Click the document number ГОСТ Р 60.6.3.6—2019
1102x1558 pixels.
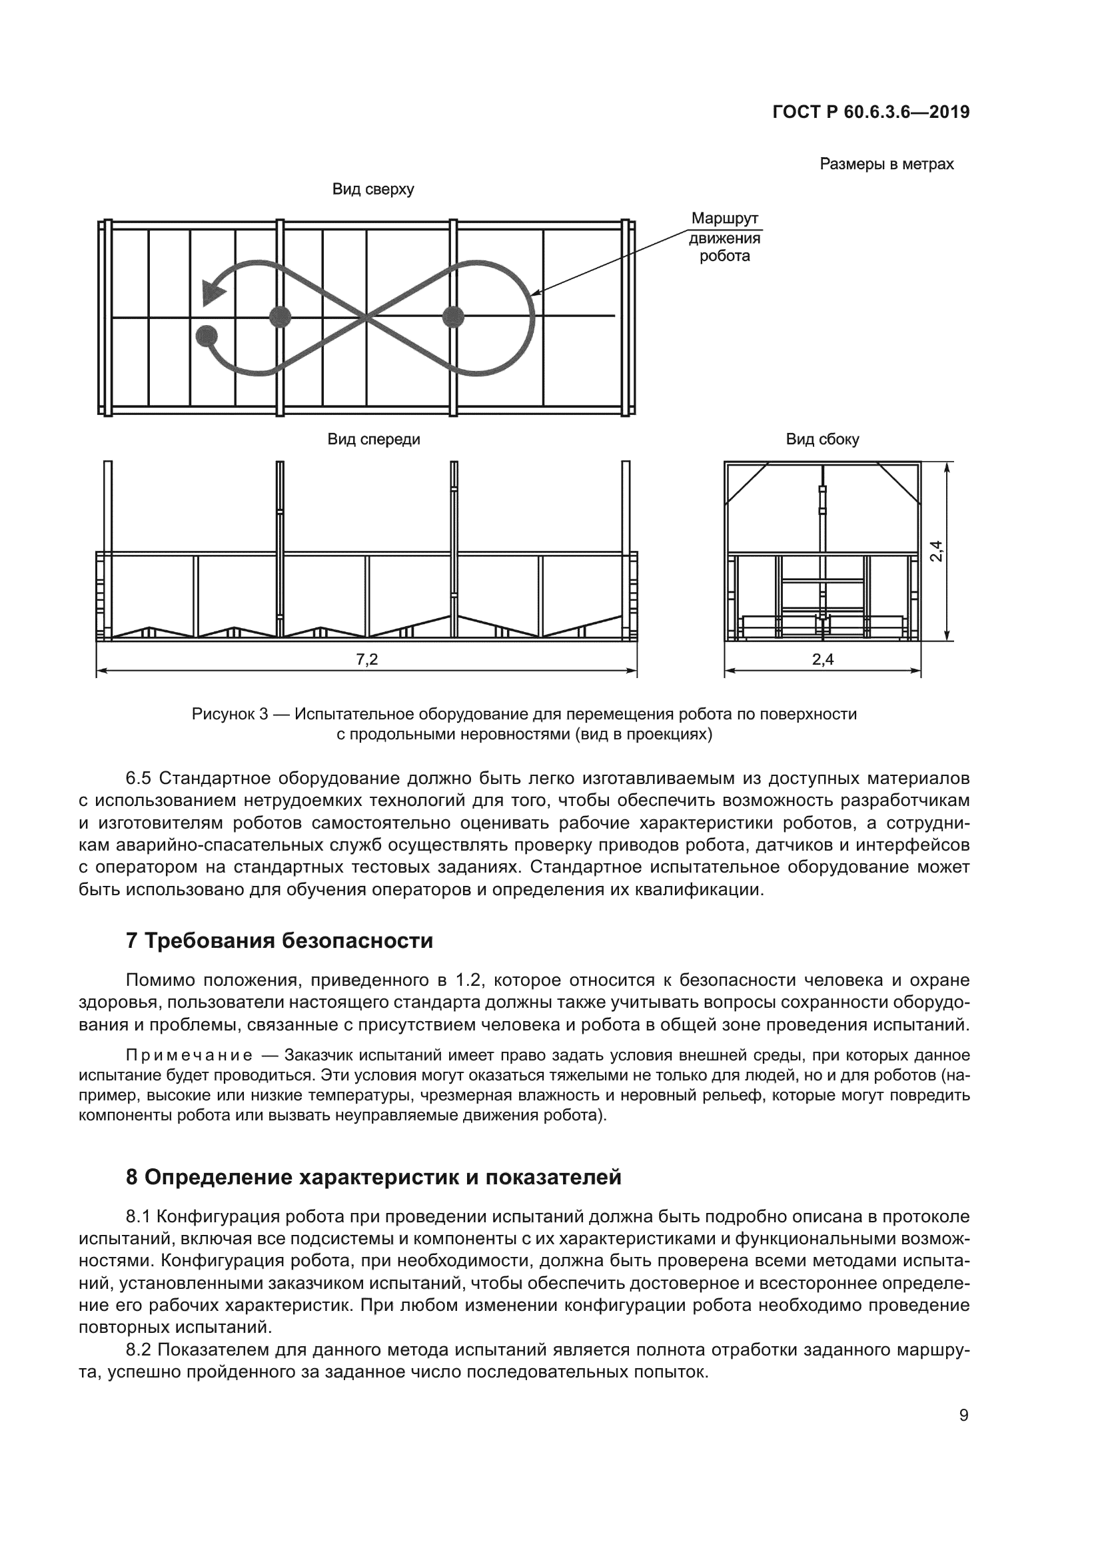(871, 113)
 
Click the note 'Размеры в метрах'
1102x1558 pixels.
(886, 165)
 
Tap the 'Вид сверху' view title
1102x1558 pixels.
(372, 189)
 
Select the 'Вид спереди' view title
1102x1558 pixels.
(373, 440)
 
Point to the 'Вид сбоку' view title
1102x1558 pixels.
(822, 440)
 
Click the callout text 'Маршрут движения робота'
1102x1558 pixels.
(724, 238)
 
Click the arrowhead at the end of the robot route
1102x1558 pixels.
(214, 292)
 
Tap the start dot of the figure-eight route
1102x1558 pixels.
(207, 336)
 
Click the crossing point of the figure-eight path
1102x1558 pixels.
(366, 317)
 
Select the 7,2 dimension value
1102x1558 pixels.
(366, 659)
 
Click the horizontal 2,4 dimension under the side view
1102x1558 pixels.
(822, 659)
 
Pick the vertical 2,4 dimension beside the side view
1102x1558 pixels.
(936, 550)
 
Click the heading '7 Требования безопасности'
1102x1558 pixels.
(279, 941)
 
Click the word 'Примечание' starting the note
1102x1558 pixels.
(189, 1056)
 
